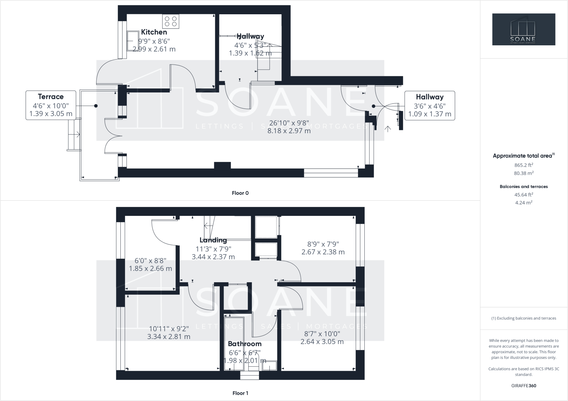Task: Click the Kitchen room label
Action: [154, 32]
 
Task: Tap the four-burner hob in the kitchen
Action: [170, 21]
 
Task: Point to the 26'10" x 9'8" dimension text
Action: [289, 123]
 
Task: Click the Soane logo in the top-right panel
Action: [524, 29]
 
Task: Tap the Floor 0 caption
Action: [240, 193]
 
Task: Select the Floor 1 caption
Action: [240, 393]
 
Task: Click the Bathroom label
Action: [245, 344]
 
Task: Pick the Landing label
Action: [213, 240]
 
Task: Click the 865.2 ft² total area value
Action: [524, 165]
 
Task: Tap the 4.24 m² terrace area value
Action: [524, 203]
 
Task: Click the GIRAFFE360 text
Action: [524, 386]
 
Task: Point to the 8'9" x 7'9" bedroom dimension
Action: [323, 244]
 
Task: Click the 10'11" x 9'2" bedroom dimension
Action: [169, 329]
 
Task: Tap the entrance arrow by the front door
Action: [388, 129]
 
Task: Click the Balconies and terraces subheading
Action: [524, 187]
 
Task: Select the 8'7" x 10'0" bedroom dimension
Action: [322, 334]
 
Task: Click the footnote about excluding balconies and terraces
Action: [524, 318]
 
